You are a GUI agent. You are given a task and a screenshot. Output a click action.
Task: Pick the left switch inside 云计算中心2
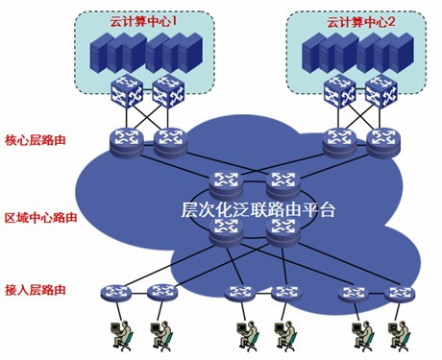[x=338, y=92]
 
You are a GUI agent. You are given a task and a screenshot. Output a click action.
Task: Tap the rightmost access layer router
[x=397, y=292]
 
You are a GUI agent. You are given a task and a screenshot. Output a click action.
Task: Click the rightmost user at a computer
[x=397, y=333]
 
